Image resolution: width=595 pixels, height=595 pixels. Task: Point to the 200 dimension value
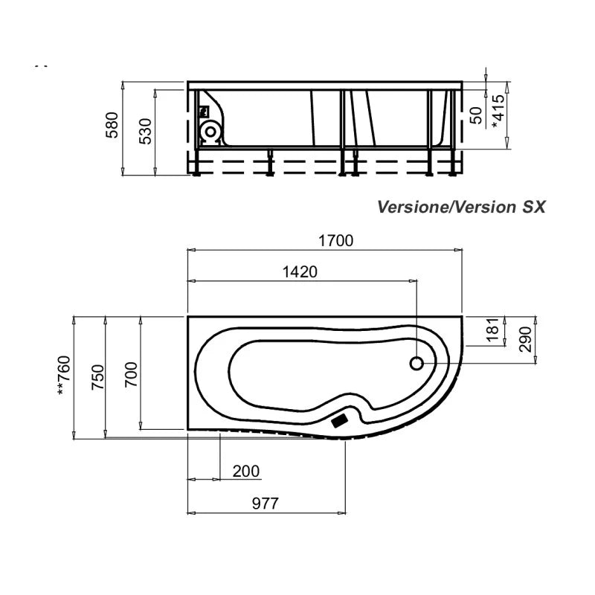click(x=246, y=472)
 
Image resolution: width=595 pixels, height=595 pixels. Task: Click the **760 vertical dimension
click(x=65, y=376)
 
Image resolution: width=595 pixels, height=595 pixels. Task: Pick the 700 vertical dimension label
click(x=129, y=376)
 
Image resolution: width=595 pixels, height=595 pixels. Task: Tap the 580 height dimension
click(x=112, y=126)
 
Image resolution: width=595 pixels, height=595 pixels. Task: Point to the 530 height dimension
click(x=146, y=130)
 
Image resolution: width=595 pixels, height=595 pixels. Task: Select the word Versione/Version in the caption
click(x=443, y=207)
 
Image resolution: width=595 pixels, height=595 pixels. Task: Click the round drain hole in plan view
click(x=417, y=363)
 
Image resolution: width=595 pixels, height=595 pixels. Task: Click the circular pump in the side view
click(x=210, y=132)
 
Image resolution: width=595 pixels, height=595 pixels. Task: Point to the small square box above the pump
click(x=206, y=112)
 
